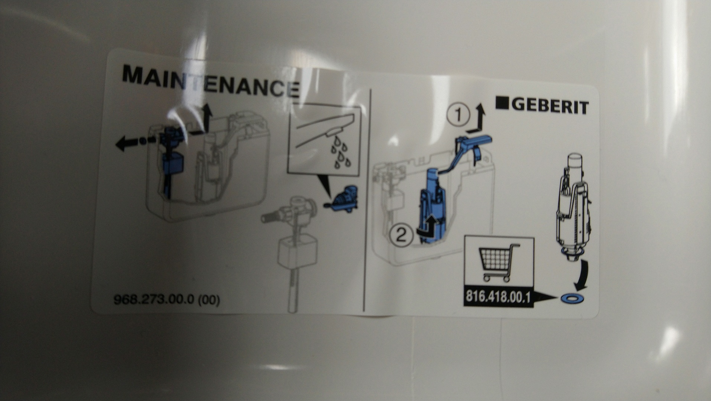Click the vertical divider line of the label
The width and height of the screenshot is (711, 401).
[368, 199]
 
